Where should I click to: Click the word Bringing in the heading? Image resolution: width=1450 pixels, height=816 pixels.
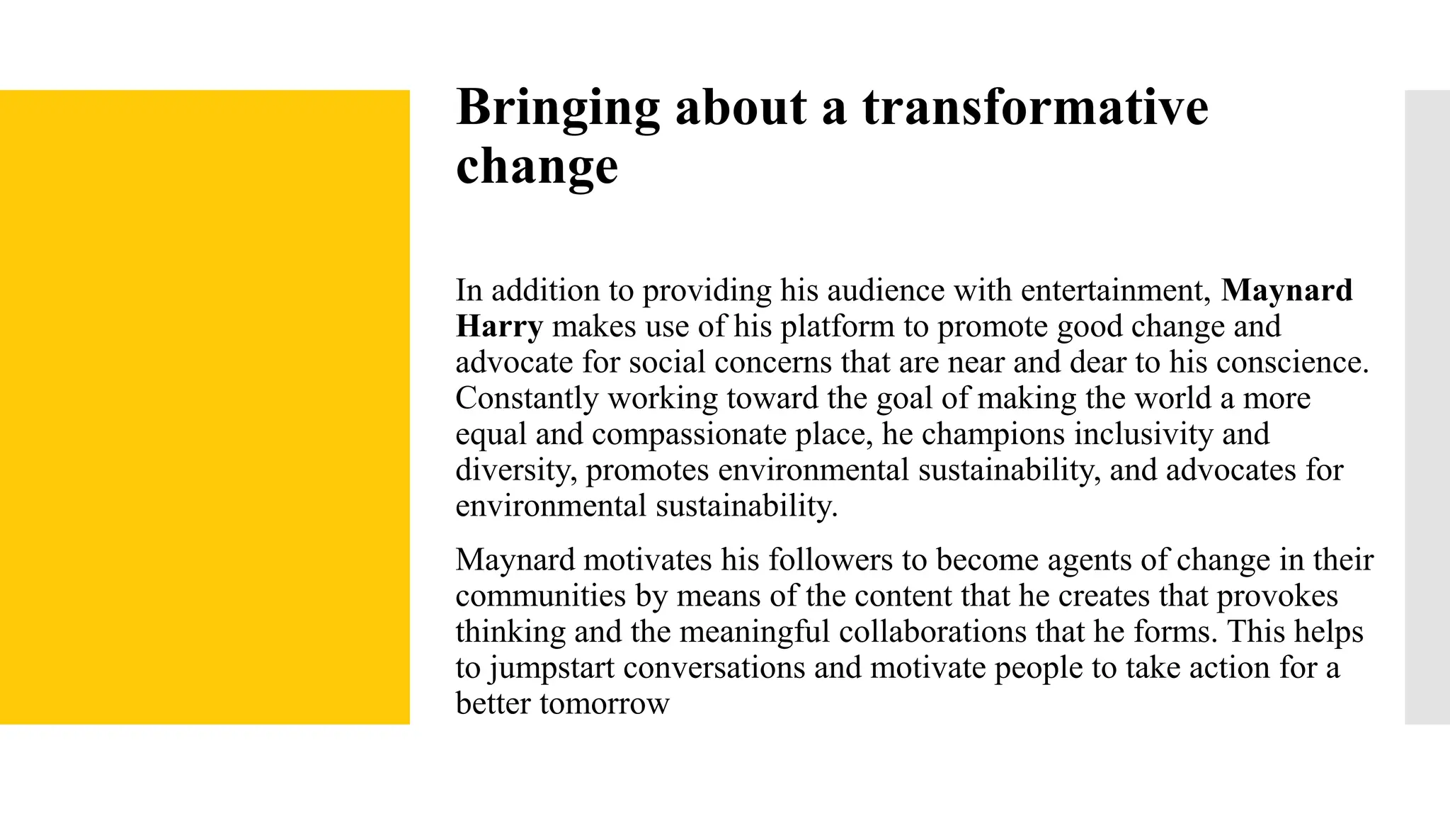558,108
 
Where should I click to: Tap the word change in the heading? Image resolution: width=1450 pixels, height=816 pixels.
537,166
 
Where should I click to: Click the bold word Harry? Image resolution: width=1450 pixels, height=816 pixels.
499,327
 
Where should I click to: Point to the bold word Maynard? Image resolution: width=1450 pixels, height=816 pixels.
1286,290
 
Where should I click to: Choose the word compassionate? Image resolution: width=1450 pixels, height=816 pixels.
689,434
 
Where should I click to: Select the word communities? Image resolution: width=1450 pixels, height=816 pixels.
541,596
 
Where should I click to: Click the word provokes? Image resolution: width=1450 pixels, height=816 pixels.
1277,596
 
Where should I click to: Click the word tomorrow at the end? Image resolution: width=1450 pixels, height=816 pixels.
604,704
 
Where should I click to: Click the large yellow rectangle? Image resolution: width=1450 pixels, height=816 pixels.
205,407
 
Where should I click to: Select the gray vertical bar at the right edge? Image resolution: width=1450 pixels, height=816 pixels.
1427,407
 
